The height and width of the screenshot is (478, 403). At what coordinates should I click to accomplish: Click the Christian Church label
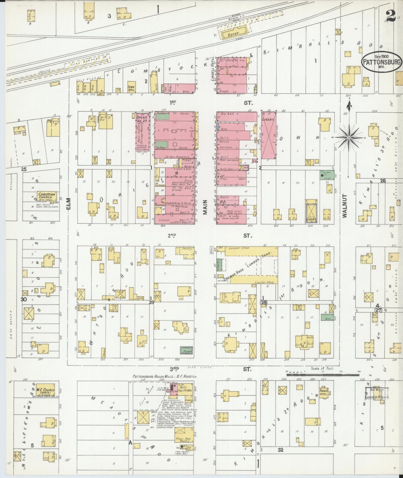[48, 195]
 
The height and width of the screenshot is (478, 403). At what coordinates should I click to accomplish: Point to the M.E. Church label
[45, 391]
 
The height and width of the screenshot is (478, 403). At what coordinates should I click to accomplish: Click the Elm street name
[69, 203]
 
